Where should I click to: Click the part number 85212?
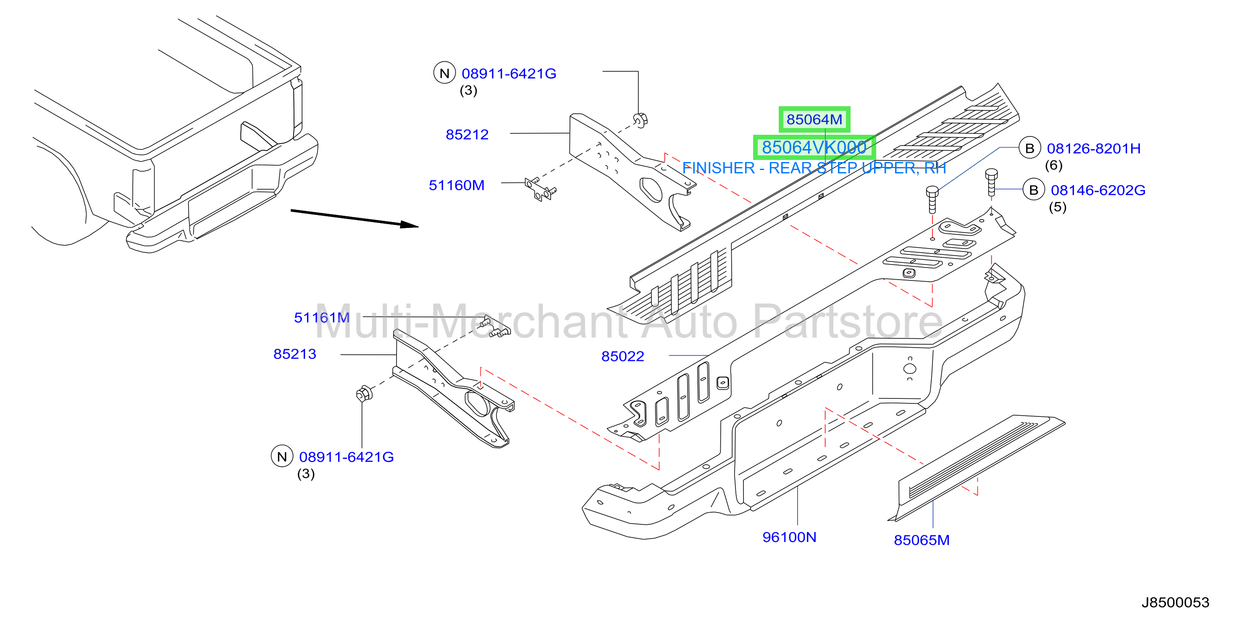pyautogui.click(x=467, y=134)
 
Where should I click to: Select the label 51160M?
pyautogui.click(x=457, y=185)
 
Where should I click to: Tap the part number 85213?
pyautogui.click(x=294, y=353)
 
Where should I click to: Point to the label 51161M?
pyautogui.click(x=322, y=317)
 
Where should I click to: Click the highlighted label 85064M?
pyautogui.click(x=814, y=119)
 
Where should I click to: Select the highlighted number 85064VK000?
pyautogui.click(x=814, y=147)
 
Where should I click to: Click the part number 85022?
pyautogui.click(x=622, y=356)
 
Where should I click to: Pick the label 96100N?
pyautogui.click(x=789, y=537)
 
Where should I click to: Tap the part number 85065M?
pyautogui.click(x=922, y=539)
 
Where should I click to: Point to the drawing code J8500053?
pyautogui.click(x=1175, y=602)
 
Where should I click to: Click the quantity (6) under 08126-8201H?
pyautogui.click(x=1053, y=165)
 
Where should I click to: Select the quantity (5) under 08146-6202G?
pyautogui.click(x=1057, y=207)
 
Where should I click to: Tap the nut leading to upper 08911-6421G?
pyautogui.click(x=640, y=119)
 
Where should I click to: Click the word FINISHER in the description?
pyautogui.click(x=718, y=168)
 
